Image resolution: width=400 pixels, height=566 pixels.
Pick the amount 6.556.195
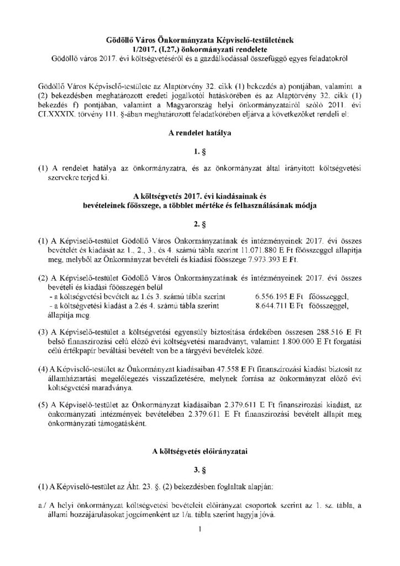(275, 296)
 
